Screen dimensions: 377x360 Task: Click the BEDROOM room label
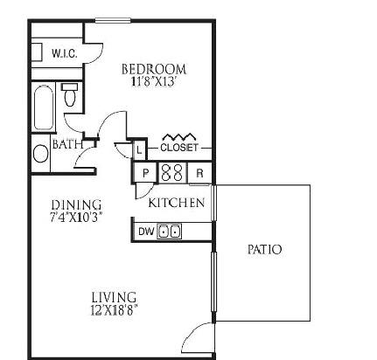coord(154,69)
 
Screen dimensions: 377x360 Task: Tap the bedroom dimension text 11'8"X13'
coord(154,81)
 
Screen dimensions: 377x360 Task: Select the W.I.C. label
coord(65,53)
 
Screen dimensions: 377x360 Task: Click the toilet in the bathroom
coord(70,94)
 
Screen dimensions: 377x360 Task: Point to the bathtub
coord(44,107)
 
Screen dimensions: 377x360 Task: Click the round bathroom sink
coord(40,154)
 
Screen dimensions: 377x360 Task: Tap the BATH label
coord(67,144)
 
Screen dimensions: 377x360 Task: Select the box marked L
coord(139,150)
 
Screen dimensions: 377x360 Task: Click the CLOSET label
coord(179,148)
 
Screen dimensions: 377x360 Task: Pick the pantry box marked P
coord(145,173)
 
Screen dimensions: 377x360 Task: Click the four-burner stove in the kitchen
coord(172,172)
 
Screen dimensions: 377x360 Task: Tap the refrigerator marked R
coord(199,173)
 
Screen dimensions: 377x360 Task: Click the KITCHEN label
coord(177,203)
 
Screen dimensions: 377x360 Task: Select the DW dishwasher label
coord(146,232)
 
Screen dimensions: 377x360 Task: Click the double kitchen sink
coord(170,232)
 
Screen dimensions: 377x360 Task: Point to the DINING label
coord(76,205)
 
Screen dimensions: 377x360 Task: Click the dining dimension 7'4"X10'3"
coord(76,218)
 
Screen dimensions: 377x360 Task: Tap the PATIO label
coord(264,250)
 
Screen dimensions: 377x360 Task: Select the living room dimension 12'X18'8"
coord(114,311)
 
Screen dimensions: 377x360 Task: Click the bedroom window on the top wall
coord(113,20)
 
